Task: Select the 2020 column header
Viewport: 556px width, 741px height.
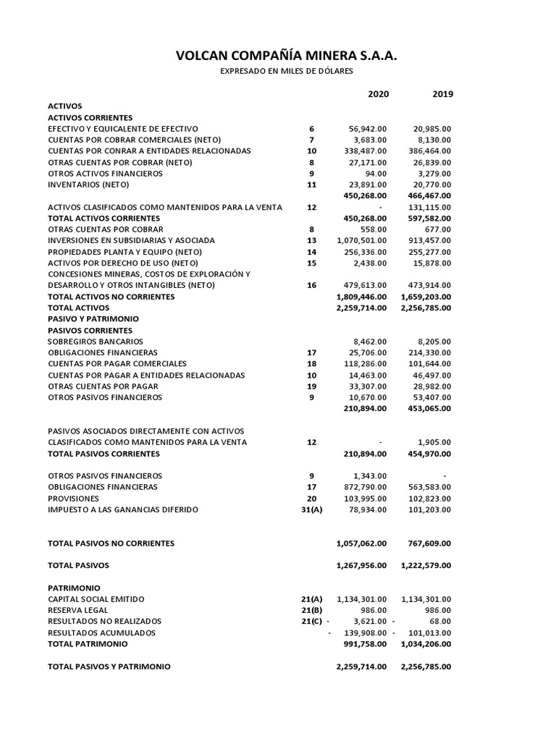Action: point(378,94)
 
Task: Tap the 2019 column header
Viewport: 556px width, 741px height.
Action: point(442,94)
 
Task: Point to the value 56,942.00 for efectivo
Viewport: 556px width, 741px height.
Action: point(367,128)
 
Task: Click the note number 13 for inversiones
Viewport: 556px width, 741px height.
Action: point(311,240)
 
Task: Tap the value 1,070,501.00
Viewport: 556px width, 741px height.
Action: point(362,240)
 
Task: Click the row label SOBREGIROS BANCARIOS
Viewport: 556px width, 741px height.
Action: point(96,341)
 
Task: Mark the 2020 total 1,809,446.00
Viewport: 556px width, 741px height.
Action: point(362,297)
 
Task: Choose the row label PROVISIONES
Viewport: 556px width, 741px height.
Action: point(74,498)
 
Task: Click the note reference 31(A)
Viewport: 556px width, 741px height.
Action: point(311,509)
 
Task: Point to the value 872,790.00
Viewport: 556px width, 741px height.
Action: point(366,487)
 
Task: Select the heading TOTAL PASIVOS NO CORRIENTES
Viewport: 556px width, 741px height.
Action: point(111,543)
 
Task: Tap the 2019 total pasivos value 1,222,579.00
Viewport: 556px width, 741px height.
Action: point(426,565)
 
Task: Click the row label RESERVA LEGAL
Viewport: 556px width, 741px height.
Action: point(77,610)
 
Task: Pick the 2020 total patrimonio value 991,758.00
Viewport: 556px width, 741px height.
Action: point(366,643)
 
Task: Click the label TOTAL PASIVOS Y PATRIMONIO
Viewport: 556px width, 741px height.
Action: point(109,666)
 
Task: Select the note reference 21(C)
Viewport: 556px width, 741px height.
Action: point(311,621)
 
